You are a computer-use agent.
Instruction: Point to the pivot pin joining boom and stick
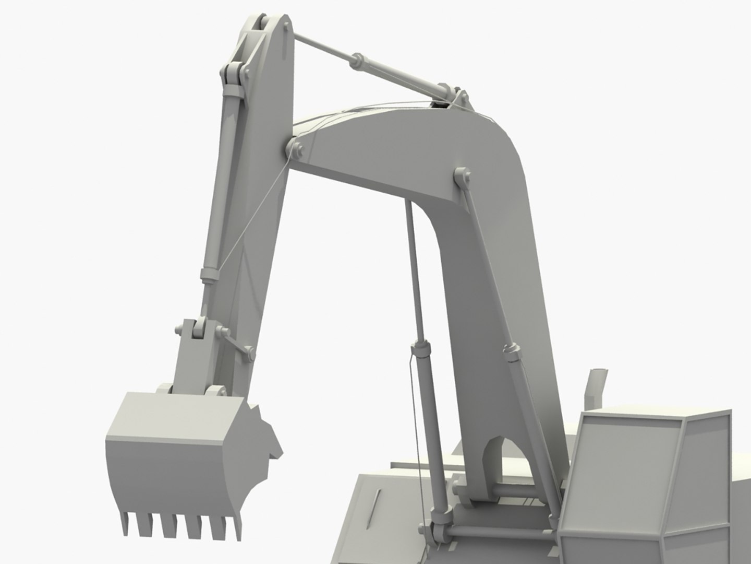click(x=296, y=149)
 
